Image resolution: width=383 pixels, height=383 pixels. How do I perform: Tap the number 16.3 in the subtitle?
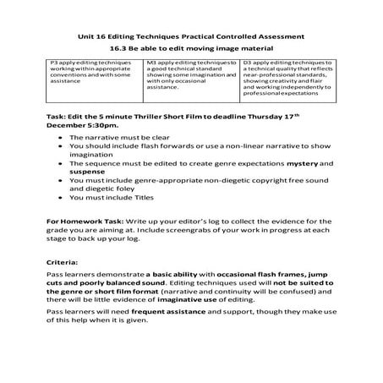122,49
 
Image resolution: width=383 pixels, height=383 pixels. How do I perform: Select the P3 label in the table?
56,63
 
